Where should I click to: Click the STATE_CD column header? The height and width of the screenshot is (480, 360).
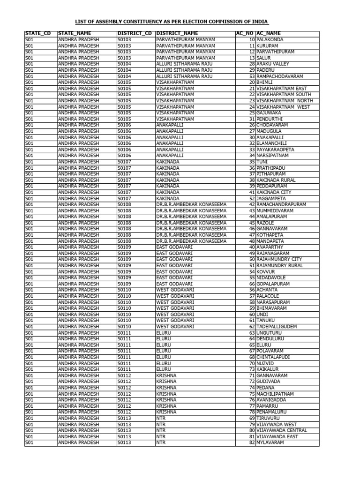38,34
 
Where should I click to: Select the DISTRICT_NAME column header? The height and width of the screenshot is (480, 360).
177,34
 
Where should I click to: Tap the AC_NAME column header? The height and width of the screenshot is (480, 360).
269,34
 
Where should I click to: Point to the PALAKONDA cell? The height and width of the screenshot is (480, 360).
270,40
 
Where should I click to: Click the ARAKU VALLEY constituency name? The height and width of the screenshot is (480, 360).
272,64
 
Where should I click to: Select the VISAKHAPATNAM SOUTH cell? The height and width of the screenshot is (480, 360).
284,95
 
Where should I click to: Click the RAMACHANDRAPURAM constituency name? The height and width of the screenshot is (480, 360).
281,204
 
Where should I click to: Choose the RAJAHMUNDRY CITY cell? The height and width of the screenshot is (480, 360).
279,259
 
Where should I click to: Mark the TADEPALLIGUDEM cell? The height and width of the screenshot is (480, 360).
277,327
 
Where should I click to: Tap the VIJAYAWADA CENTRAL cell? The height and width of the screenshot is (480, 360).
282,431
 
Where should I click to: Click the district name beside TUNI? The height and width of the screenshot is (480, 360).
168,162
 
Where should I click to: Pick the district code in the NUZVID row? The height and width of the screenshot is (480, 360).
124,363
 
